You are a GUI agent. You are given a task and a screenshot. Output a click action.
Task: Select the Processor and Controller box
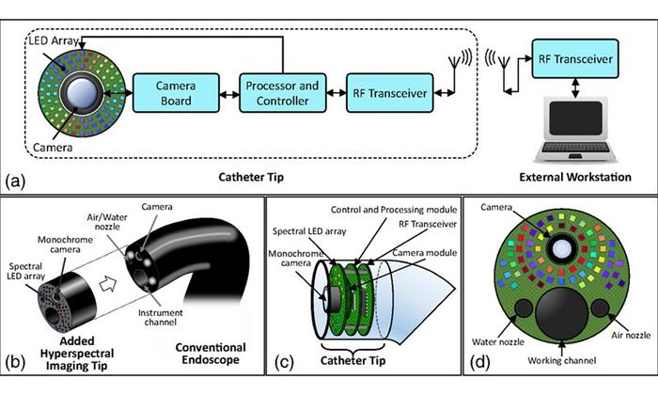coord(281,92)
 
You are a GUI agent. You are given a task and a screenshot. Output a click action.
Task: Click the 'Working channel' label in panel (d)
coord(557,373)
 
